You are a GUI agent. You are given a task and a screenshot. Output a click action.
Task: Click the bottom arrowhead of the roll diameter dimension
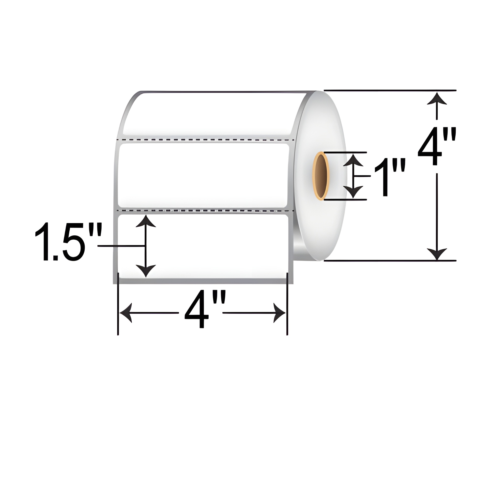437,254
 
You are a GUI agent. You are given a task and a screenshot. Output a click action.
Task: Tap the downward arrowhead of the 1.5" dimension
146,270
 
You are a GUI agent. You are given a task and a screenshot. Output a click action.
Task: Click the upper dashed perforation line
204,140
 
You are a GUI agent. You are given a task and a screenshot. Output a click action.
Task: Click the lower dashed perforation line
204,211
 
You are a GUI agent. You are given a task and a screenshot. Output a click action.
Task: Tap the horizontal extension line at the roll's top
390,90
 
